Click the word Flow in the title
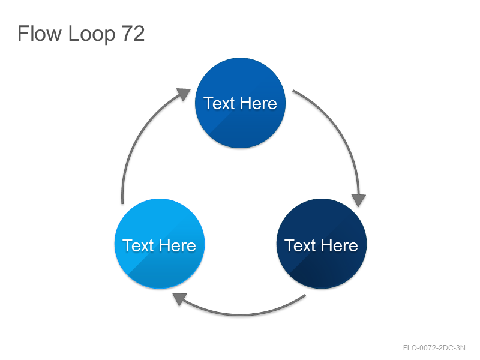pyautogui.click(x=40, y=33)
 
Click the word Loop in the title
pyautogui.click(x=92, y=34)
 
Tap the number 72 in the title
pyautogui.click(x=133, y=33)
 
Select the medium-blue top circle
pyautogui.click(x=241, y=103)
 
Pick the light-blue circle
pyautogui.click(x=160, y=244)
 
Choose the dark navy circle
pyautogui.click(x=322, y=244)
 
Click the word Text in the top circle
pyautogui.click(x=218, y=103)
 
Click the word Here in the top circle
pyautogui.click(x=259, y=103)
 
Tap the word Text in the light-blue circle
pyautogui.click(x=138, y=245)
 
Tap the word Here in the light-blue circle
pyautogui.click(x=178, y=245)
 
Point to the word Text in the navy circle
pyautogui.click(x=300, y=245)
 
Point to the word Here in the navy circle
pyautogui.click(x=340, y=245)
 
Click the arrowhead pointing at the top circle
pyautogui.click(x=184, y=94)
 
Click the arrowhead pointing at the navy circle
pyautogui.click(x=358, y=200)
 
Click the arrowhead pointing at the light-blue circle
pyautogui.click(x=179, y=298)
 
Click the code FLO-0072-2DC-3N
pyautogui.click(x=434, y=348)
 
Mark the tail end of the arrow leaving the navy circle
pyautogui.click(x=305, y=295)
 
